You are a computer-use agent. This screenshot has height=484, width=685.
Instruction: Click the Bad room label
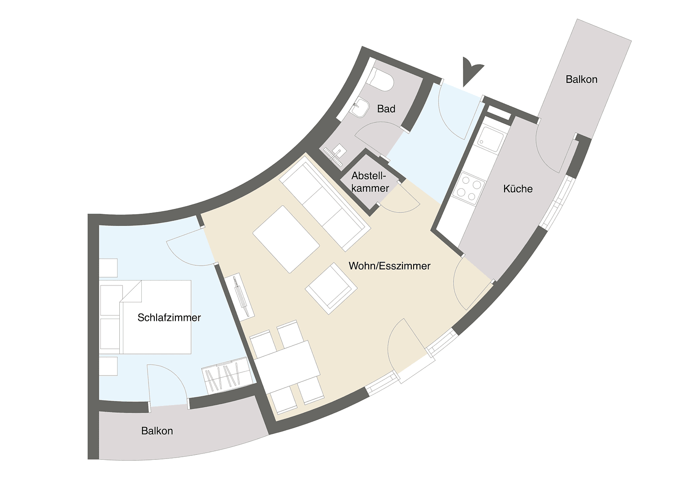pyautogui.click(x=386, y=109)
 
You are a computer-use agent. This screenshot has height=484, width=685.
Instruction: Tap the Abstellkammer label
pyautogui.click(x=370, y=182)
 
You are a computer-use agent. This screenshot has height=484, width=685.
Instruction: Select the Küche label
pyautogui.click(x=518, y=189)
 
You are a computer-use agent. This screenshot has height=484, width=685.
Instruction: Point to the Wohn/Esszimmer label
pyautogui.click(x=389, y=266)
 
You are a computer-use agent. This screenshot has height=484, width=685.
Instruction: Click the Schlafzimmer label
pyautogui.click(x=169, y=318)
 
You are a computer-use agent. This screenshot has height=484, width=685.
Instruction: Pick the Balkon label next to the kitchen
pyautogui.click(x=581, y=79)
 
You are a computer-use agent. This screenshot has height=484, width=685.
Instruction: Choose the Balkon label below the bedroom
pyautogui.click(x=157, y=431)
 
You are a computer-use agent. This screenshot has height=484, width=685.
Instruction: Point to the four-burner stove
pyautogui.click(x=469, y=189)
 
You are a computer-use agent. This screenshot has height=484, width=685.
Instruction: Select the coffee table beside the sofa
pyautogui.click(x=286, y=238)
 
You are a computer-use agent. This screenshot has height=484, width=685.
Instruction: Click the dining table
pyautogui.click(x=287, y=366)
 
